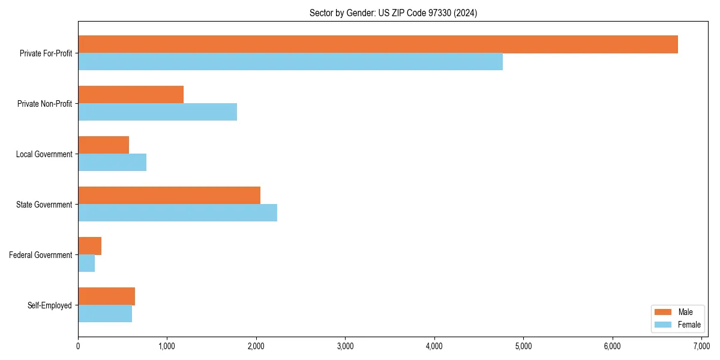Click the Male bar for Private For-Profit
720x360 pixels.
(378, 44)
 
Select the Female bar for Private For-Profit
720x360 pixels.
(290, 62)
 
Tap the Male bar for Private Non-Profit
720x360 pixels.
(131, 95)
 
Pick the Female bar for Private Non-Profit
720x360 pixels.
(157, 112)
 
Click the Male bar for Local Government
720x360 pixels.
(103, 145)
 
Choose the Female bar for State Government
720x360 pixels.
(178, 213)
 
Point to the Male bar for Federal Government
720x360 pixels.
(89, 246)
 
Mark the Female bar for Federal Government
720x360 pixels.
(86, 263)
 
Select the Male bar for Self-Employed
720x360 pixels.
(106, 296)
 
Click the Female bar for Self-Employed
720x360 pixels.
(105, 314)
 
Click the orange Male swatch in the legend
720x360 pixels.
(663, 312)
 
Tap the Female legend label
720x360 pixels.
(689, 325)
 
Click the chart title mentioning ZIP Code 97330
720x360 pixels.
(393, 13)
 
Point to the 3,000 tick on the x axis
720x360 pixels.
(345, 346)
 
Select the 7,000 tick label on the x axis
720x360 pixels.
(701, 346)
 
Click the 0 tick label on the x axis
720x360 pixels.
(78, 346)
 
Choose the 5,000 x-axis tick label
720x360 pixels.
(523, 346)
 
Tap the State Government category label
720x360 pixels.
(44, 205)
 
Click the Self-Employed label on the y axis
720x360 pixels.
(49, 305)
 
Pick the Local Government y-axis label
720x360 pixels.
(44, 154)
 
